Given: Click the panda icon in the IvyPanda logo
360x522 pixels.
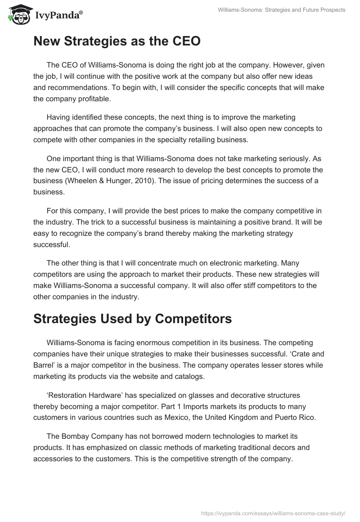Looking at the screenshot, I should [17, 15].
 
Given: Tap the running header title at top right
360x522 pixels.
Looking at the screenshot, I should [281, 10].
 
